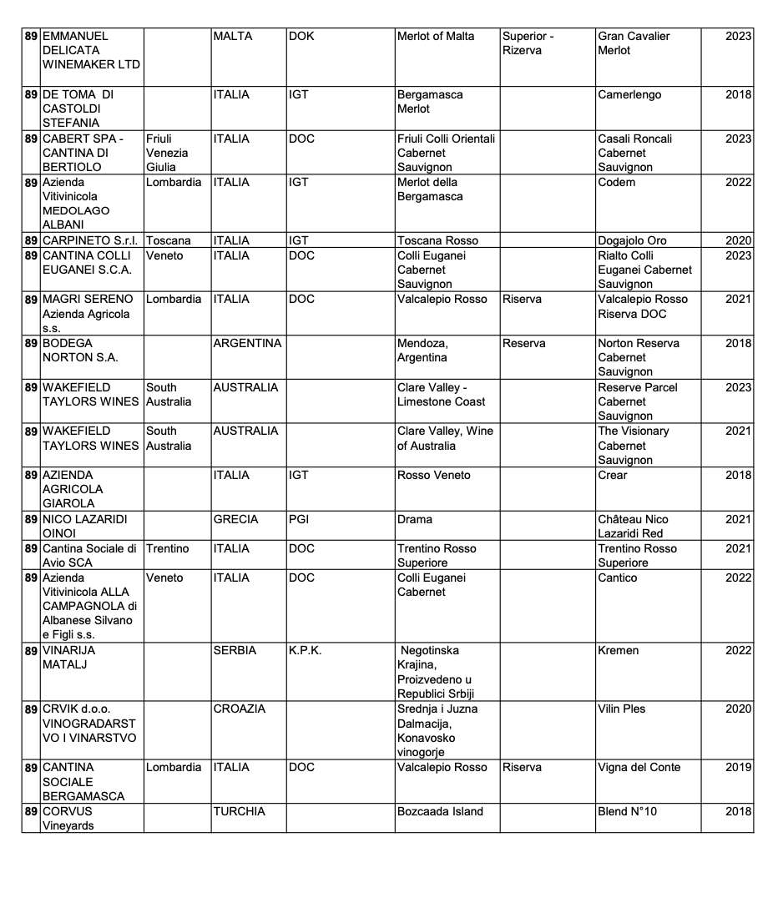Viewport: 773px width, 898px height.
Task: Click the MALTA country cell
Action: point(233,37)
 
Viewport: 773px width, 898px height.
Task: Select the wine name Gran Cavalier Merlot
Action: point(634,43)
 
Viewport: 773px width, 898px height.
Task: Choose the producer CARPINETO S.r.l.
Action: point(90,240)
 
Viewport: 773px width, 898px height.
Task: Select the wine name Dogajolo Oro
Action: point(632,240)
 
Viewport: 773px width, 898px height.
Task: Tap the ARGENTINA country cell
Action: point(247,344)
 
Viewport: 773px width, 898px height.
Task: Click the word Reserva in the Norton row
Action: point(523,344)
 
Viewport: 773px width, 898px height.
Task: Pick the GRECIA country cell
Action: point(235,519)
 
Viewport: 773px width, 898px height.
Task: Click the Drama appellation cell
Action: point(415,519)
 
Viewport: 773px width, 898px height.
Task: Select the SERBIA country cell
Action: point(235,651)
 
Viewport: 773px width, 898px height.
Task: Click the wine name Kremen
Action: point(619,651)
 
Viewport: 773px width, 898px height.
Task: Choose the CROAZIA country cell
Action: point(240,709)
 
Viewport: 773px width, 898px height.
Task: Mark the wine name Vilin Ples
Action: point(622,709)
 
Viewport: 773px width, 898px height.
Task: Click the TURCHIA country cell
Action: point(239,811)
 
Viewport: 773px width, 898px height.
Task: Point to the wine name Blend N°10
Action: point(628,811)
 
